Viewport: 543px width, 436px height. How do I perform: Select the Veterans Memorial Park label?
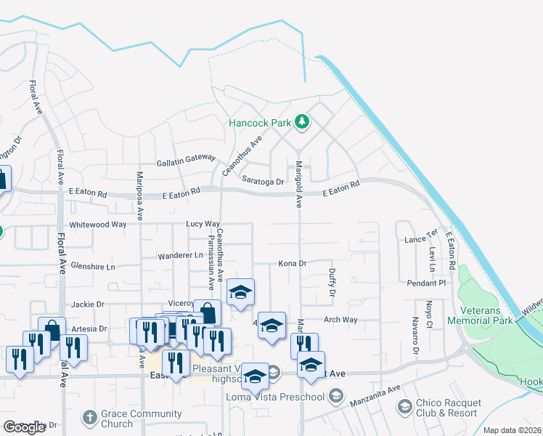(x=480, y=315)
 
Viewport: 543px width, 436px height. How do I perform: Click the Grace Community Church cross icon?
(x=89, y=417)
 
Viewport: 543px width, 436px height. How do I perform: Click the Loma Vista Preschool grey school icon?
(x=335, y=396)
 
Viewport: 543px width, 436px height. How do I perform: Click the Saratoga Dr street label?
(x=263, y=181)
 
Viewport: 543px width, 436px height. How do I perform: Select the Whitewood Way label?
(x=98, y=225)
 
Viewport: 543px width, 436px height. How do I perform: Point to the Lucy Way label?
(x=203, y=225)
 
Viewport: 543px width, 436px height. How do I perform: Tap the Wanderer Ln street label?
(x=181, y=255)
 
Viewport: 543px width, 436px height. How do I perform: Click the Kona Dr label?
(x=293, y=263)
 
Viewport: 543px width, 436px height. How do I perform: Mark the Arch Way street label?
(x=340, y=320)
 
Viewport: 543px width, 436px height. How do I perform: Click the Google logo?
(x=24, y=427)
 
